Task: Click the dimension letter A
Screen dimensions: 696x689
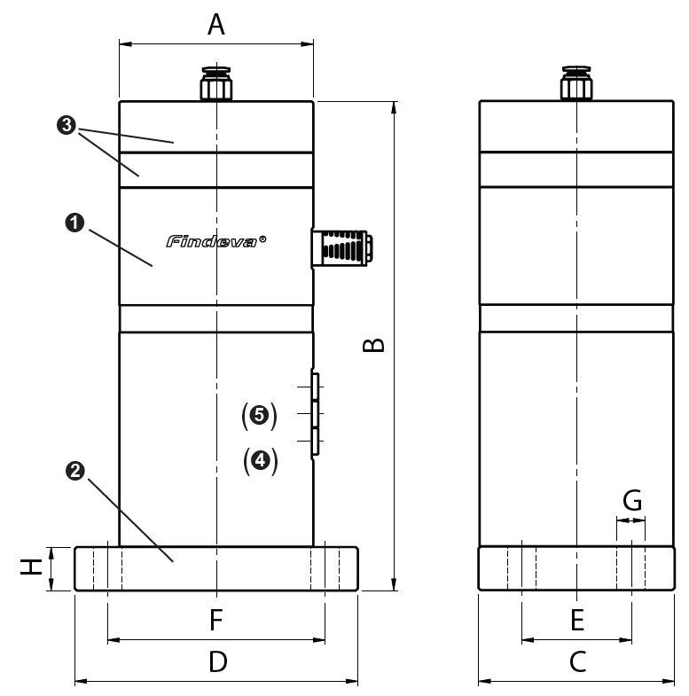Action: [215, 25]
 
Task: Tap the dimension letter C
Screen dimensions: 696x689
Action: [577, 661]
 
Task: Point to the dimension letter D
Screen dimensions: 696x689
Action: [217, 661]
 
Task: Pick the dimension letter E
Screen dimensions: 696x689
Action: [577, 620]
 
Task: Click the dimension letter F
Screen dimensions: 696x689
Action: [216, 620]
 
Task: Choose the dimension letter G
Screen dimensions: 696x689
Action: [631, 501]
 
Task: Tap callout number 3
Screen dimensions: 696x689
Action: [65, 126]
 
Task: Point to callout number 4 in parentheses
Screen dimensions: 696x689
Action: [260, 460]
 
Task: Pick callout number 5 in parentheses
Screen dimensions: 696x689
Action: [260, 414]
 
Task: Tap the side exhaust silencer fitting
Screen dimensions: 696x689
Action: [341, 247]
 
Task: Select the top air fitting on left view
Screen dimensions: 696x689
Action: [215, 85]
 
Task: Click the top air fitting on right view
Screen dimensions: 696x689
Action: [576, 85]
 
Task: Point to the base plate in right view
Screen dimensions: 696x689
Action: [577, 567]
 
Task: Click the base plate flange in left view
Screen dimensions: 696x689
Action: [216, 568]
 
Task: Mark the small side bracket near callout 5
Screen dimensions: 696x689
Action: [315, 415]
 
